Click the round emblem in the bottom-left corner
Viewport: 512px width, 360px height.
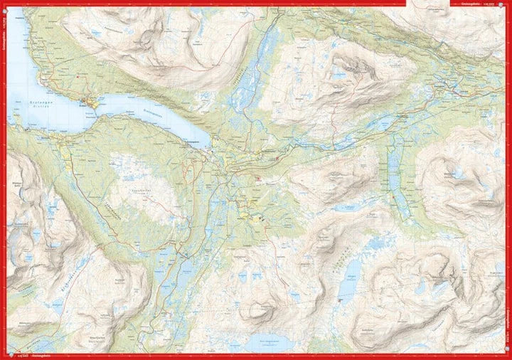point(6,355)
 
